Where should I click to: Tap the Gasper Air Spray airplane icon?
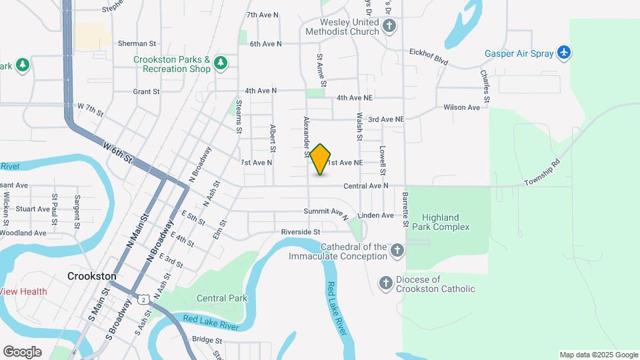point(564,52)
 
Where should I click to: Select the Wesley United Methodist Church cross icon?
point(390,27)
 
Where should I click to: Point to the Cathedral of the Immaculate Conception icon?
point(397,251)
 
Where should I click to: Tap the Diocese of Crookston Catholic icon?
point(385,284)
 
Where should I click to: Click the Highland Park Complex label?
point(445,222)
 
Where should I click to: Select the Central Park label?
point(222,298)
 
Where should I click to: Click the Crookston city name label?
point(92,276)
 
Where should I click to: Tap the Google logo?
point(22,351)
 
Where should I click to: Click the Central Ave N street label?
point(365,186)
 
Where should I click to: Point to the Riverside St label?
point(301,232)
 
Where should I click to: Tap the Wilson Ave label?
point(462,107)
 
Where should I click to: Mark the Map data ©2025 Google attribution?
point(599,355)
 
